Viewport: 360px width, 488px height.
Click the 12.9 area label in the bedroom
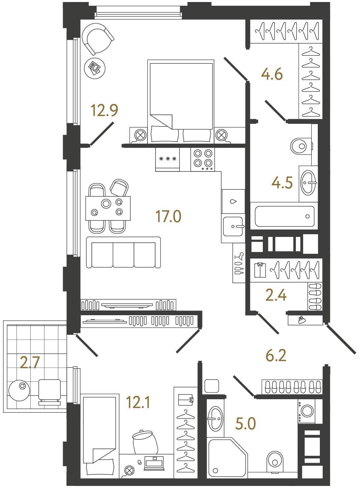pos(104,111)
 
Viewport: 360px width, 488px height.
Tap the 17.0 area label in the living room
pos(168,216)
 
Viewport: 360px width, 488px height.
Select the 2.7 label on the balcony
pos(30,362)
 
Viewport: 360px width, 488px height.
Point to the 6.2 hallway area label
pos(276,356)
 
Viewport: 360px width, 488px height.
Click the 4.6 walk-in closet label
pos(272,74)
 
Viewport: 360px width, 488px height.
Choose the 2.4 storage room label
pos(276,295)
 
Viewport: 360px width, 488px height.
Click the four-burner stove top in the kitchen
pos(203,159)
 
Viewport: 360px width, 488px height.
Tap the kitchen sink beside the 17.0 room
pos(233,226)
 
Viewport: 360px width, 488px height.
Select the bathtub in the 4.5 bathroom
pos(284,216)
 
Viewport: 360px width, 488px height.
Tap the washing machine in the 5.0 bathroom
pos(307,411)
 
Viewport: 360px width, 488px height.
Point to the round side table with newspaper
pos(94,68)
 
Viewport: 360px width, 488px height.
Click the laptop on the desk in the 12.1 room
pos(154,463)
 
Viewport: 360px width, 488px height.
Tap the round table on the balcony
pos(19,390)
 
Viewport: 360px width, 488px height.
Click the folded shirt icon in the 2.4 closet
pos(260,270)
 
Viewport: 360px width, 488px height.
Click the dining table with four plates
pos(108,208)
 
